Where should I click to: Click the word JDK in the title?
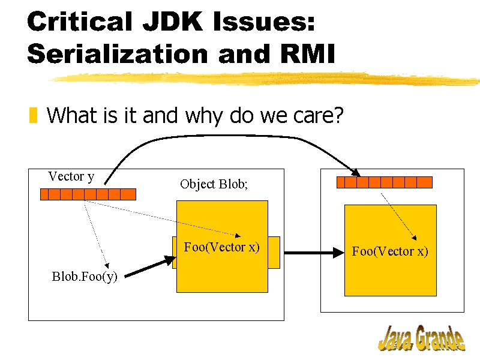click(x=172, y=21)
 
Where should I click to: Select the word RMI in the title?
click(x=307, y=53)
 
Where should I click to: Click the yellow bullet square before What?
click(x=33, y=115)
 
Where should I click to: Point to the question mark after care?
click(x=338, y=115)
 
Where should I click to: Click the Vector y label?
click(x=71, y=176)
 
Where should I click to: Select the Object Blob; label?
click(x=214, y=184)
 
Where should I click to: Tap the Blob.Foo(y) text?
click(x=85, y=277)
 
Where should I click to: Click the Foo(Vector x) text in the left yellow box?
click(x=221, y=247)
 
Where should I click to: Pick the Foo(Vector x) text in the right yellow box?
click(x=389, y=251)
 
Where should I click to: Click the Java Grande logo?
click(x=422, y=338)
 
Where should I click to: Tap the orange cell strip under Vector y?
click(x=88, y=194)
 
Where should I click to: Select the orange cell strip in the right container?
click(x=385, y=182)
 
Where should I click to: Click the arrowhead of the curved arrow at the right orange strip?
click(x=356, y=173)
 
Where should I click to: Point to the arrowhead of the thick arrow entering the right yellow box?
click(x=338, y=253)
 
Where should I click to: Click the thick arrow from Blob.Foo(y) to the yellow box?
click(x=151, y=266)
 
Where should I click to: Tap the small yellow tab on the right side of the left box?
click(x=274, y=253)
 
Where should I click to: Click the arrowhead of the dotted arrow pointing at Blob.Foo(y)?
click(x=107, y=265)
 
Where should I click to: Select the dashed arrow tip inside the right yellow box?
click(x=414, y=238)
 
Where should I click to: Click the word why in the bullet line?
click(x=204, y=116)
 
